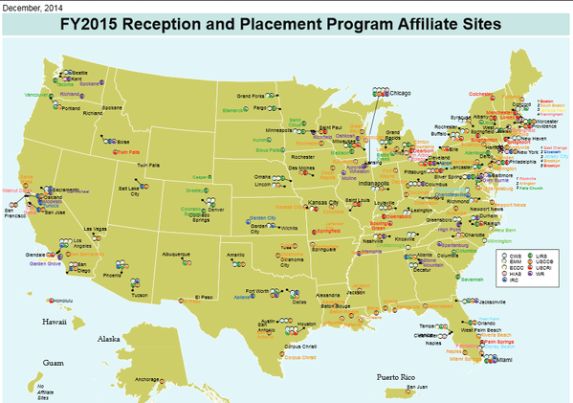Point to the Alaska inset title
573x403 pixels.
click(108, 339)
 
